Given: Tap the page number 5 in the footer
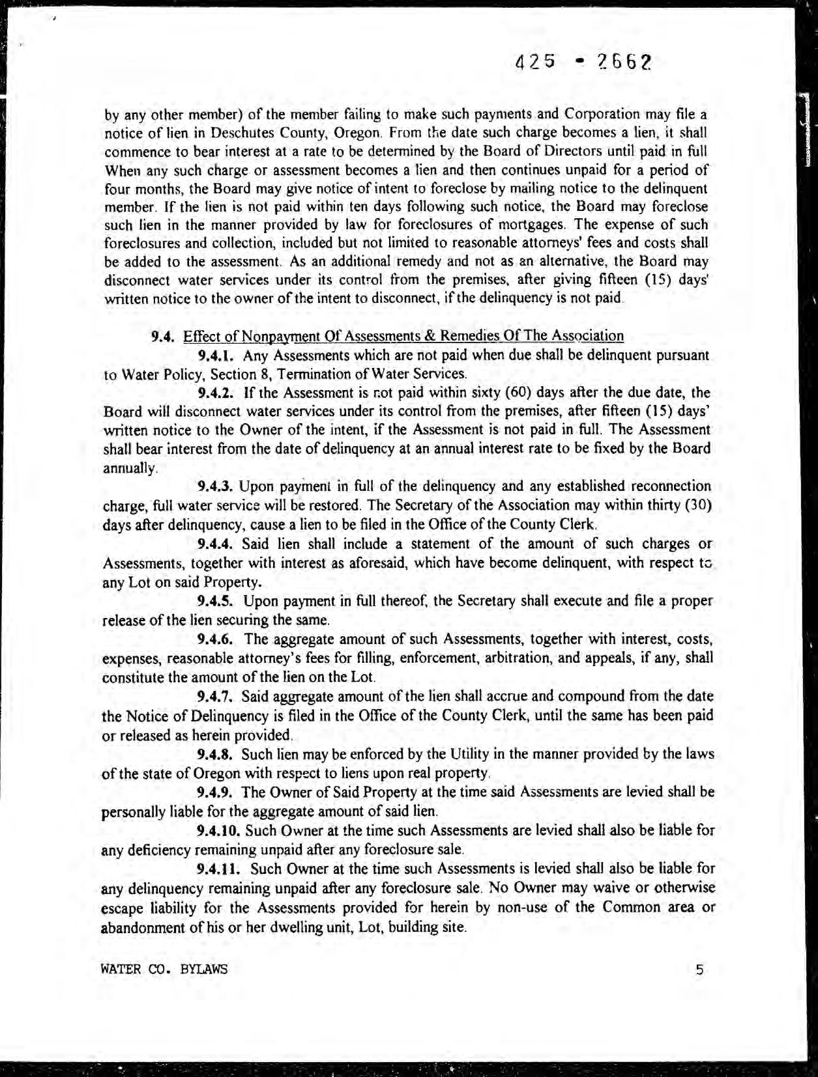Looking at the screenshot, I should click(699, 969).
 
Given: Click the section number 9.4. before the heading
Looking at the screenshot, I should click(162, 337).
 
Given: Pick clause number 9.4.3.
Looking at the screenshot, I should click(216, 486).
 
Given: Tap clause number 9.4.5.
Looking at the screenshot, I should click(216, 600).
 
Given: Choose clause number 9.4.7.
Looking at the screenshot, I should click(216, 696).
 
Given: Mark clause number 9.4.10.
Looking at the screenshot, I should click(219, 830).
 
